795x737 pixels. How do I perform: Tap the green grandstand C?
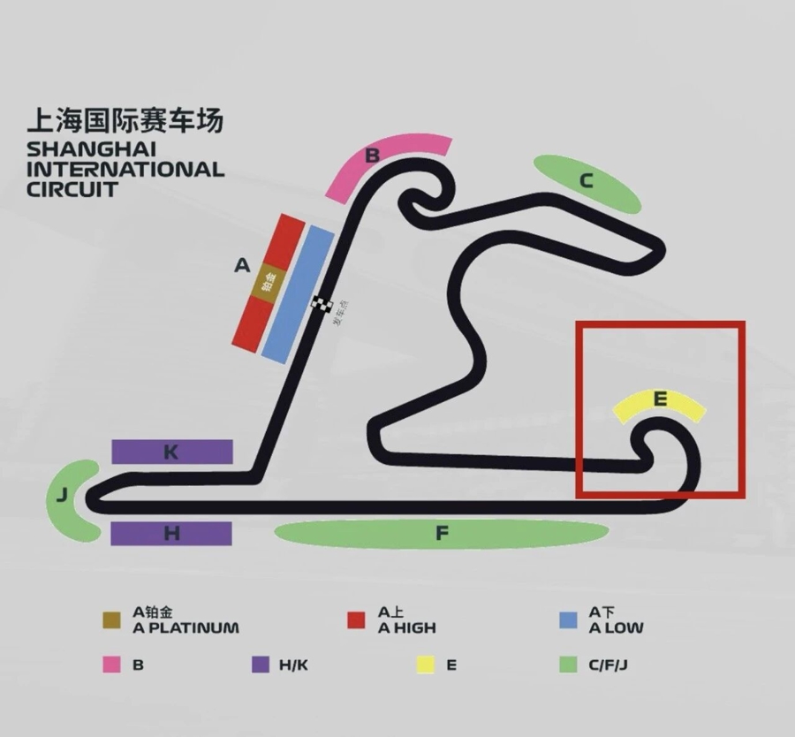[587, 183]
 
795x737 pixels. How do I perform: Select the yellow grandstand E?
[660, 404]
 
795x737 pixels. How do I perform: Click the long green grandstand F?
[442, 534]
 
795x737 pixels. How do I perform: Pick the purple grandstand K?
[171, 452]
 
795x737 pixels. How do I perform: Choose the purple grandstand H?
[171, 534]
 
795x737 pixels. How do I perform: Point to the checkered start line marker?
[322, 305]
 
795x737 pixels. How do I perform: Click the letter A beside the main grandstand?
[241, 265]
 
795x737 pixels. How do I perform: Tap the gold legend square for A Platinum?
[111, 620]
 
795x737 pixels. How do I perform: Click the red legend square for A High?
[356, 620]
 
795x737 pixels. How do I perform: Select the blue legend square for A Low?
[569, 620]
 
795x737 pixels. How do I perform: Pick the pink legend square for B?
[111, 665]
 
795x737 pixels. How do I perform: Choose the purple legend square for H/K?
[260, 665]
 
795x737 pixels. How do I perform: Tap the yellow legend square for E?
[426, 665]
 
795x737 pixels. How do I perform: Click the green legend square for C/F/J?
[569, 665]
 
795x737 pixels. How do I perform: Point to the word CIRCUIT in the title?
[72, 188]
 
